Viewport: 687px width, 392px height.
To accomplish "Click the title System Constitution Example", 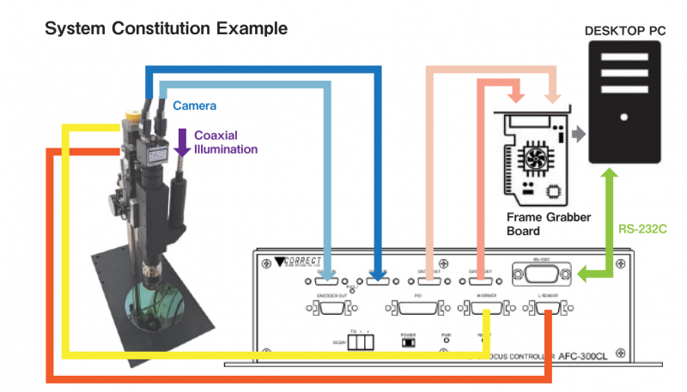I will point(166,28).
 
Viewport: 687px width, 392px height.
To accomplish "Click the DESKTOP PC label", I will point(624,30).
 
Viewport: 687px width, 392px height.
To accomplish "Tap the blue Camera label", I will point(194,106).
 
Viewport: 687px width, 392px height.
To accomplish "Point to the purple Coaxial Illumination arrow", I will point(181,142).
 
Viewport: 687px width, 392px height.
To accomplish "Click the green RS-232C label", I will point(642,230).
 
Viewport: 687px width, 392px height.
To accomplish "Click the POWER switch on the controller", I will point(409,342).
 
